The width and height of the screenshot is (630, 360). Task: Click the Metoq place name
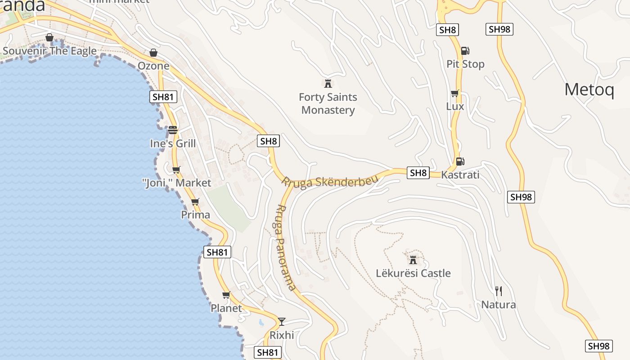589,90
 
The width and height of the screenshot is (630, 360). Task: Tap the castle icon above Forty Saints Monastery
328,83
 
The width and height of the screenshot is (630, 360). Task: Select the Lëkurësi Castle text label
413,273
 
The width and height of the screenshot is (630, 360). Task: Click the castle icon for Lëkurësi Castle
413,260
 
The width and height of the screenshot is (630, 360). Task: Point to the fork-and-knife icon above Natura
498,291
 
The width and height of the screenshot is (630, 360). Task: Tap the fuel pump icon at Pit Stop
465,51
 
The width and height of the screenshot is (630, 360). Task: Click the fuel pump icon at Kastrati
460,161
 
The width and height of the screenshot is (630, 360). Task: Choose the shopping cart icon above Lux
454,94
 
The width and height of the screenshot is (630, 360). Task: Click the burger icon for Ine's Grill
173,130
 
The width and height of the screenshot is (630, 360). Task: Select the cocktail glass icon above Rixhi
282,321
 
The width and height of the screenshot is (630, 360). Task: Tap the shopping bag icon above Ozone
153,53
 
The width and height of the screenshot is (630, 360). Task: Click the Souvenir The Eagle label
49,51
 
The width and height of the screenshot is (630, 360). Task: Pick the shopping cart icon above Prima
195,202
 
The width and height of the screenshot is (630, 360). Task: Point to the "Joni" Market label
176,183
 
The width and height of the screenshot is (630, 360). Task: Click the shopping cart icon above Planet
226,295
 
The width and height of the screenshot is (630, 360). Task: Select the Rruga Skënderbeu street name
330,181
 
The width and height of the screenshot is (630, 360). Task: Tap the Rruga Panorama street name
285,247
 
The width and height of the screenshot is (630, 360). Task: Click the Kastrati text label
460,175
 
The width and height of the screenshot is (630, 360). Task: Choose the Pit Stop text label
465,64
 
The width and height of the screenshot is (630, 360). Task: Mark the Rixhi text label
282,335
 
